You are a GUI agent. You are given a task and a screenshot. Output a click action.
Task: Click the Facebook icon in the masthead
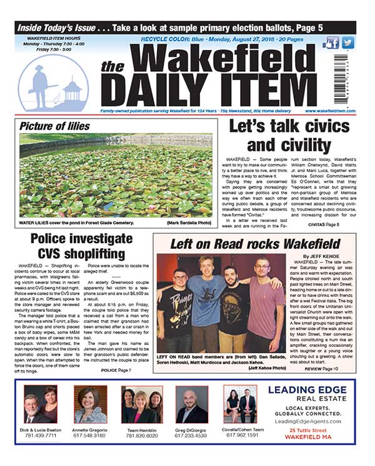pos(332,42)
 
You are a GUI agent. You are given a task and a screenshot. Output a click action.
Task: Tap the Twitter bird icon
pos(347,42)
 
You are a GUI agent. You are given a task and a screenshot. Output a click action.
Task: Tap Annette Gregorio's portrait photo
pos(90,404)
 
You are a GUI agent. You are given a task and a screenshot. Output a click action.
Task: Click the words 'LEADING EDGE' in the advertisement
pos(306,390)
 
